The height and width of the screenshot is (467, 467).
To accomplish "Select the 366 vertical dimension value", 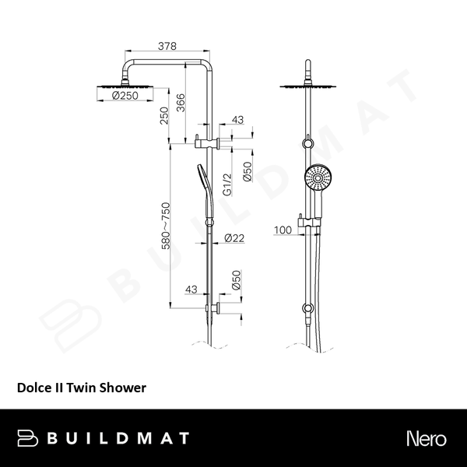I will pos(181,101).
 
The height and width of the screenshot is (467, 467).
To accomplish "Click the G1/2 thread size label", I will pos(228,184).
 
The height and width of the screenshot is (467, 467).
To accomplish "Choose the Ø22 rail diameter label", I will pos(234,239).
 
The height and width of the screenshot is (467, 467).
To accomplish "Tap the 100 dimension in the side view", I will pos(283,230).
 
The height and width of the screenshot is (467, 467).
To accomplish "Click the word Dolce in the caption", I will pos(33,386).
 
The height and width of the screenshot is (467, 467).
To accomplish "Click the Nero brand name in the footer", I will pos(426,438).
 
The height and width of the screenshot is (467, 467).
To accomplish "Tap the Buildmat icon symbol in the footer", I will pos(28,437).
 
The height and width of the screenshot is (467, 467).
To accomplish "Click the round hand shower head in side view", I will pos(317,178).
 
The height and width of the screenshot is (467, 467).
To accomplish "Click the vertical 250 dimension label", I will pos(164,116).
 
